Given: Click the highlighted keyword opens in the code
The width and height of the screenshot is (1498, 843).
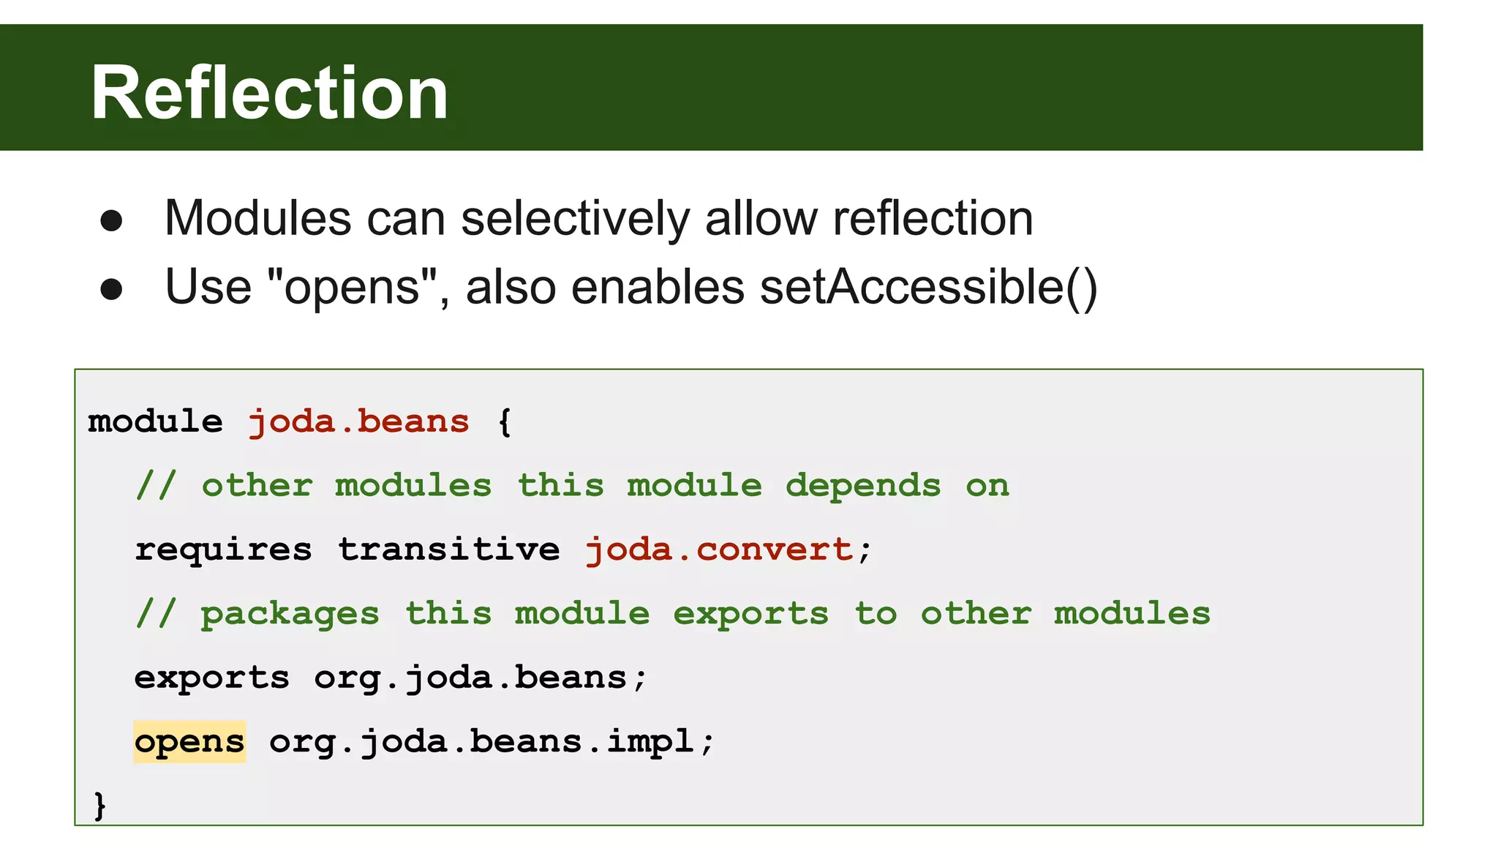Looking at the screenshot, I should tap(189, 741).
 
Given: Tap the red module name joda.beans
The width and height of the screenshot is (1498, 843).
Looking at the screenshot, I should tap(358, 421).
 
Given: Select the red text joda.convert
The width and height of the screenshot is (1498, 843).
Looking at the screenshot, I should tap(720, 550).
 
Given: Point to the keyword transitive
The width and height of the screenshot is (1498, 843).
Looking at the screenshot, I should tap(448, 550).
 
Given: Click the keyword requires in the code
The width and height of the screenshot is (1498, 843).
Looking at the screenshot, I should tap(223, 550).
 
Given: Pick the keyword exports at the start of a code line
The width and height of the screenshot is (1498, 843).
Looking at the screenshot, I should tap(212, 678).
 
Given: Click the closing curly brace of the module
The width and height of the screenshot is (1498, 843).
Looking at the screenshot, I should tap(100, 805).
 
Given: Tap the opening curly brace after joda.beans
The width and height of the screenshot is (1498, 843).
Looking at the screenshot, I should tap(505, 421).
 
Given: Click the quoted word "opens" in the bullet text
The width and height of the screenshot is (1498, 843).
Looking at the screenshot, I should tap(353, 287).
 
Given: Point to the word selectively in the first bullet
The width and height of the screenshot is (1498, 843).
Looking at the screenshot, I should tap(575, 218).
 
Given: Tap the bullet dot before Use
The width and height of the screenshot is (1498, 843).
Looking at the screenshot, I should tap(111, 289).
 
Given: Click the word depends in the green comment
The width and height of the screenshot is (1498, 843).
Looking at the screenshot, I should tap(863, 486).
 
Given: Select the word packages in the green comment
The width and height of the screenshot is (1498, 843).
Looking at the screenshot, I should tap(290, 614).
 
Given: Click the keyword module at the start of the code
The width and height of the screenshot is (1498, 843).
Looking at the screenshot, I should tap(155, 421).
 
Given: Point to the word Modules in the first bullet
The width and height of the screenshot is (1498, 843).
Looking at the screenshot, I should tap(257, 218).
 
